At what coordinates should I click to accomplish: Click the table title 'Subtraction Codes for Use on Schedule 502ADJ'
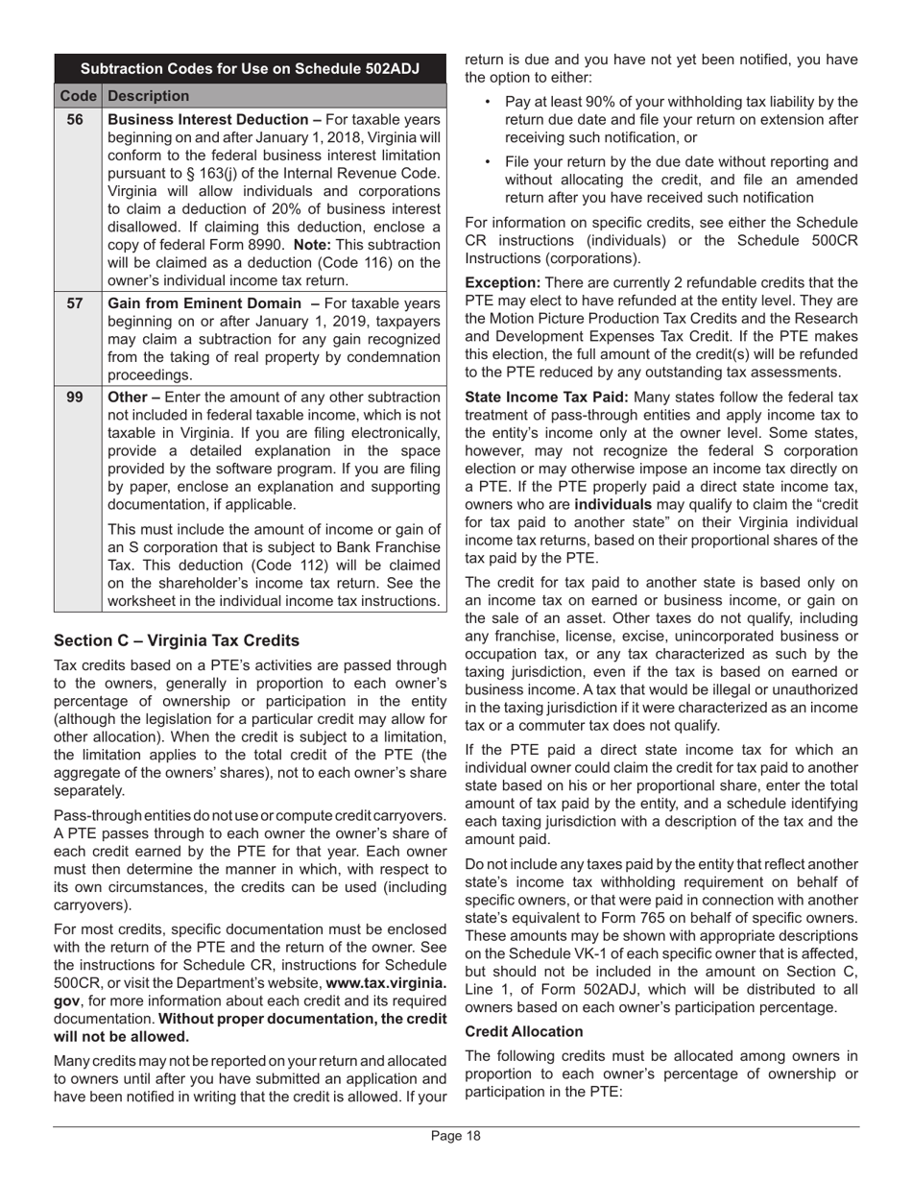(250, 69)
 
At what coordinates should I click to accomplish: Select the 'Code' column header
(78, 96)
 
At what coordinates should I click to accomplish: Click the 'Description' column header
(148, 96)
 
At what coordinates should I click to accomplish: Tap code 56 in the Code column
(75, 120)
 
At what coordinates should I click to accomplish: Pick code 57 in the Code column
(75, 303)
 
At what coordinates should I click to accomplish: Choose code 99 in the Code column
(75, 398)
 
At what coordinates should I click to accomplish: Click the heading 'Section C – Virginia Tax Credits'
(177, 640)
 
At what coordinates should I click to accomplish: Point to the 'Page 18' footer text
(456, 1137)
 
